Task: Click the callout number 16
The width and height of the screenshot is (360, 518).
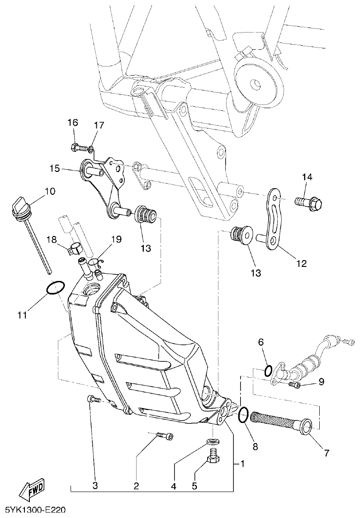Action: tap(73, 123)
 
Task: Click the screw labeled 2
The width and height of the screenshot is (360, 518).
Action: tap(165, 436)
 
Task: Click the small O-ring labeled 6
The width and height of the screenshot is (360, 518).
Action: tap(268, 371)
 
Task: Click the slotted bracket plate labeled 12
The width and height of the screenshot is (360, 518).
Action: tap(274, 219)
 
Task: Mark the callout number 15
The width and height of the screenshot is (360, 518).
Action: tap(55, 169)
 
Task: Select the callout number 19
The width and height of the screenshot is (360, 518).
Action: tap(117, 239)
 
